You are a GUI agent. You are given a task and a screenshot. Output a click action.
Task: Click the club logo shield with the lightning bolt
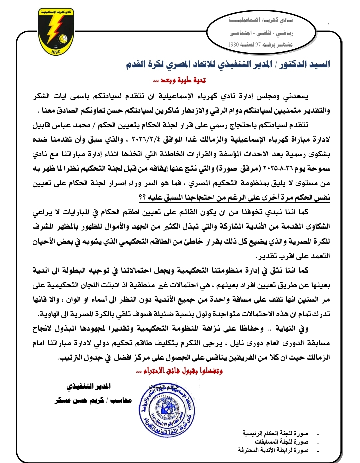tap(56, 32)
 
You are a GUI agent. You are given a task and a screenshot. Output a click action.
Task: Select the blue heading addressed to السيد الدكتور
tap(228, 64)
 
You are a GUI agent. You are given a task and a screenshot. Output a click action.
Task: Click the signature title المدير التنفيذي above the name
tap(89, 386)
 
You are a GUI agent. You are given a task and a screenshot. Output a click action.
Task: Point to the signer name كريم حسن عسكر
tap(79, 400)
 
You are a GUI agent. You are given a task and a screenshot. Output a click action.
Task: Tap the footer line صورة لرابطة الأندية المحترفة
tap(273, 450)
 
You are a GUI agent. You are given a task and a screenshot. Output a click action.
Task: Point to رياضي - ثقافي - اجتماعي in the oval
tap(261, 33)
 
